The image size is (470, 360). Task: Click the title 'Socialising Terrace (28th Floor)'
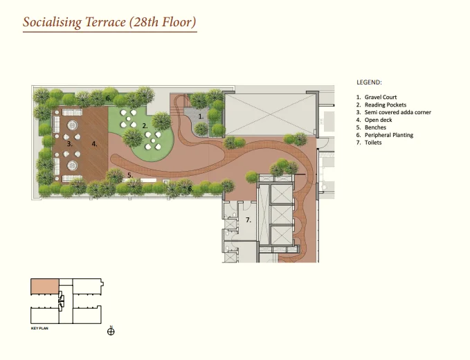coord(109,22)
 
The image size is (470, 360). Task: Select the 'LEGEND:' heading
coord(369,82)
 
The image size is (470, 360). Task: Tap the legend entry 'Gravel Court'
coord(381,97)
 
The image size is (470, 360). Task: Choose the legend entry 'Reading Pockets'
coord(385,105)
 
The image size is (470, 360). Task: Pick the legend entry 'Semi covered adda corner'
coord(397,112)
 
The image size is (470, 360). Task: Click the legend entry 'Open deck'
coord(378,120)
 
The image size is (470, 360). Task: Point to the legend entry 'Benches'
coord(375,127)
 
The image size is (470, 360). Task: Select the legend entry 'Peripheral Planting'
coord(389,135)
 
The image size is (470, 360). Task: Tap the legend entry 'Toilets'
coord(373,143)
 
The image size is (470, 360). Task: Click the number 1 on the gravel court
coord(201,116)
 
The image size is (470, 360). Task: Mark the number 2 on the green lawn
coord(145,126)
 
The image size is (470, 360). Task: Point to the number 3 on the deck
coord(69,144)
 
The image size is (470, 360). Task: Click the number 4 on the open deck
coord(94,144)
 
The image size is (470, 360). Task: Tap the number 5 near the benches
coord(130,175)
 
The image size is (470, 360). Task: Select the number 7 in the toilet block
coord(248,220)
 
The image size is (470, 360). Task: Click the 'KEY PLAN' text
coord(39,328)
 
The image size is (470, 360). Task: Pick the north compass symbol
coord(111,331)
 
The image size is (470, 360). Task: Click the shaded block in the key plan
coord(45,286)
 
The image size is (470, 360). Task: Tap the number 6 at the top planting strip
coord(108,98)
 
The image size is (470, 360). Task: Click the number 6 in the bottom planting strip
coord(190,189)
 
